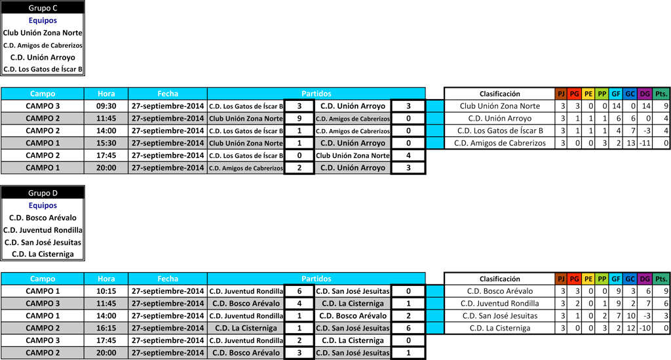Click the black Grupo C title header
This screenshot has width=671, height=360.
click(43, 8)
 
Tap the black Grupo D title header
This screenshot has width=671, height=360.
click(43, 193)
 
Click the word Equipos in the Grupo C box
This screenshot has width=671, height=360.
click(43, 20)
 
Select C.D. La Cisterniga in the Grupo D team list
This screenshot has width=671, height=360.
click(43, 254)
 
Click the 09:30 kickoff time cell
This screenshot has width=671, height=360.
click(106, 106)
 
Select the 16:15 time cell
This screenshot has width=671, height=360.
click(106, 328)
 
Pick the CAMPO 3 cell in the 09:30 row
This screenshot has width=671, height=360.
click(43, 106)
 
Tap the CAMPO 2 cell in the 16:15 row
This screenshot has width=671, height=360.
click(43, 328)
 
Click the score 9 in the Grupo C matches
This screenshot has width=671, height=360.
click(299, 119)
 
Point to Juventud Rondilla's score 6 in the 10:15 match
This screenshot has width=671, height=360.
click(299, 291)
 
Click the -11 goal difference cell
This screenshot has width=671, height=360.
click(643, 143)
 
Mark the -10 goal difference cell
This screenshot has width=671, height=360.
click(643, 328)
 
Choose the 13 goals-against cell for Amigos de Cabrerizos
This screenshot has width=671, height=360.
click(629, 143)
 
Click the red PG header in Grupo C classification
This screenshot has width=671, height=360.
click(575, 94)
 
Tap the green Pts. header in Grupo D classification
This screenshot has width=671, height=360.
click(661, 279)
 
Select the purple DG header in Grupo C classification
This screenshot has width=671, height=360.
click(644, 94)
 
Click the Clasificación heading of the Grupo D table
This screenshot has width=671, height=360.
click(499, 279)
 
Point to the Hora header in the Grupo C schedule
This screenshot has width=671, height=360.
click(106, 94)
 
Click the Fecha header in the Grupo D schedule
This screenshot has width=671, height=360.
click(168, 279)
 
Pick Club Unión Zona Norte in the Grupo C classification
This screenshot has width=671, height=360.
click(499, 106)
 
